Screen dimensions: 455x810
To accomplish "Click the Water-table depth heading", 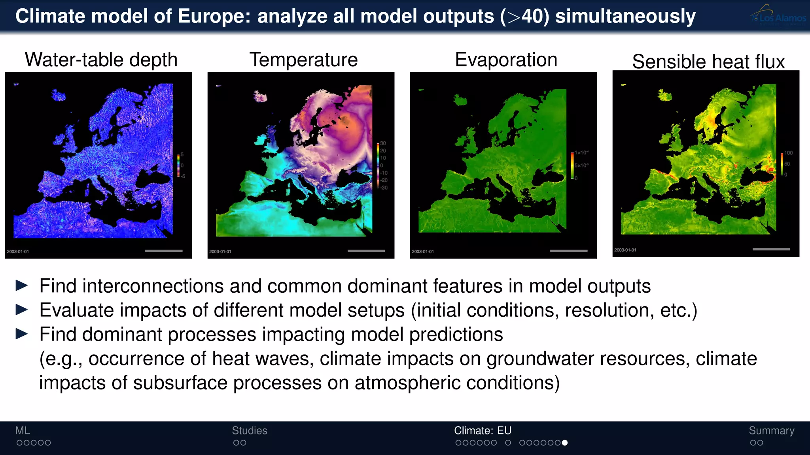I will click(x=101, y=60).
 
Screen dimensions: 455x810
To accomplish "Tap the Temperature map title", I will click(x=303, y=60).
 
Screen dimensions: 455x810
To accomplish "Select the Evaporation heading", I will click(x=506, y=60).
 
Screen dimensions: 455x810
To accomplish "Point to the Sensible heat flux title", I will click(x=708, y=62).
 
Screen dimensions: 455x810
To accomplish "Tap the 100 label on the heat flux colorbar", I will click(x=789, y=153).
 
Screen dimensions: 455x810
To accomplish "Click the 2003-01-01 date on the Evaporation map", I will click(x=423, y=252).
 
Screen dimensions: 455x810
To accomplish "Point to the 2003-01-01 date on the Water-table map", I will click(x=18, y=252).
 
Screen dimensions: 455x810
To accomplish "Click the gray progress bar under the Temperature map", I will click(x=366, y=251).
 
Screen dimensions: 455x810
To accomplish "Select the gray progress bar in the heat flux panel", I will click(x=771, y=249).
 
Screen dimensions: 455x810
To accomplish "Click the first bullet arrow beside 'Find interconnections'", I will click(x=22, y=286).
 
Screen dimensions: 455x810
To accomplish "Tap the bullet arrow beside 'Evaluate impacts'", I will click(x=22, y=310).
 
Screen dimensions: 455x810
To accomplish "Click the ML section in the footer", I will click(x=23, y=431).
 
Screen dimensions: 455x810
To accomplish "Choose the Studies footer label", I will click(x=250, y=431).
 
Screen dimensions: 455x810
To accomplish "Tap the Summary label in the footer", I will click(x=771, y=431).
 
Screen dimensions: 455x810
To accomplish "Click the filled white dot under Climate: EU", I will click(x=565, y=443).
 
